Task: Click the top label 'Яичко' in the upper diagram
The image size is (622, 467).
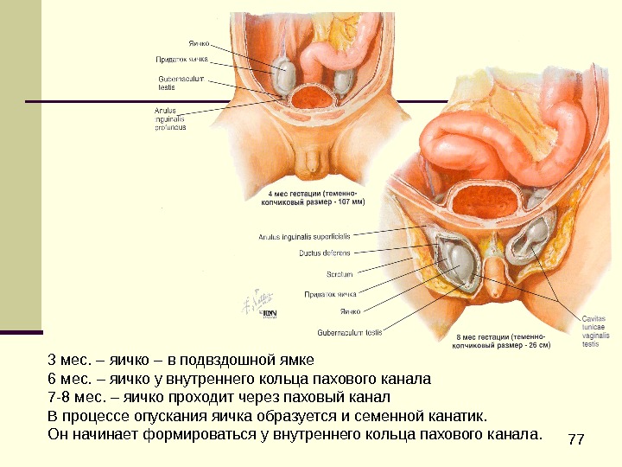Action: [x=200, y=42]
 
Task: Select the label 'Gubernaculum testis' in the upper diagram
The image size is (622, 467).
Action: [x=181, y=82]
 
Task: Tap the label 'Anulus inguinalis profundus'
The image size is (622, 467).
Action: [x=171, y=119]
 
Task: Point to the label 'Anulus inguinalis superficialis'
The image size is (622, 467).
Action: [x=304, y=235]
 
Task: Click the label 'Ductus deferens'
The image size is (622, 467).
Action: [x=325, y=253]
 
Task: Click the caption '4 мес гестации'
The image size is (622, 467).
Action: [x=312, y=195]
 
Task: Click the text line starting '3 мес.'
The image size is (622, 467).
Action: [x=181, y=360]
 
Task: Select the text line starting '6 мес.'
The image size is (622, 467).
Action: [x=238, y=379]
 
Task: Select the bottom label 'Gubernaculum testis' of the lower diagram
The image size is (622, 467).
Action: [x=350, y=331]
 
